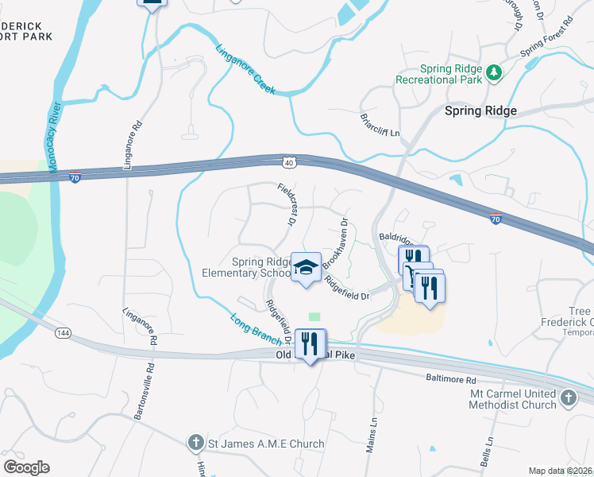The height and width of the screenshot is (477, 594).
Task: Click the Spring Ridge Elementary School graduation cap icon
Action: click(305, 268)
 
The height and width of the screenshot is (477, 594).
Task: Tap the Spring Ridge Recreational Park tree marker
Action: click(494, 72)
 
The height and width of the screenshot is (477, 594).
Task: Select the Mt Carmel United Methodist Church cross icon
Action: click(568, 398)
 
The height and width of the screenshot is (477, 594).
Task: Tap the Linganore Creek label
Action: click(245, 69)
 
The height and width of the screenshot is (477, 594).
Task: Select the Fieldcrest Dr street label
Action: click(287, 205)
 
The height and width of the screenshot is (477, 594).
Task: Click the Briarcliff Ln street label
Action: click(380, 124)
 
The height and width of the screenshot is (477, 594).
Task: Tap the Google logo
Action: click(25, 467)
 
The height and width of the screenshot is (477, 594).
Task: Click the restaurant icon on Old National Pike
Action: click(310, 345)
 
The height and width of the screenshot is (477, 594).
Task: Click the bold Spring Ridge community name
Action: click(480, 111)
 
